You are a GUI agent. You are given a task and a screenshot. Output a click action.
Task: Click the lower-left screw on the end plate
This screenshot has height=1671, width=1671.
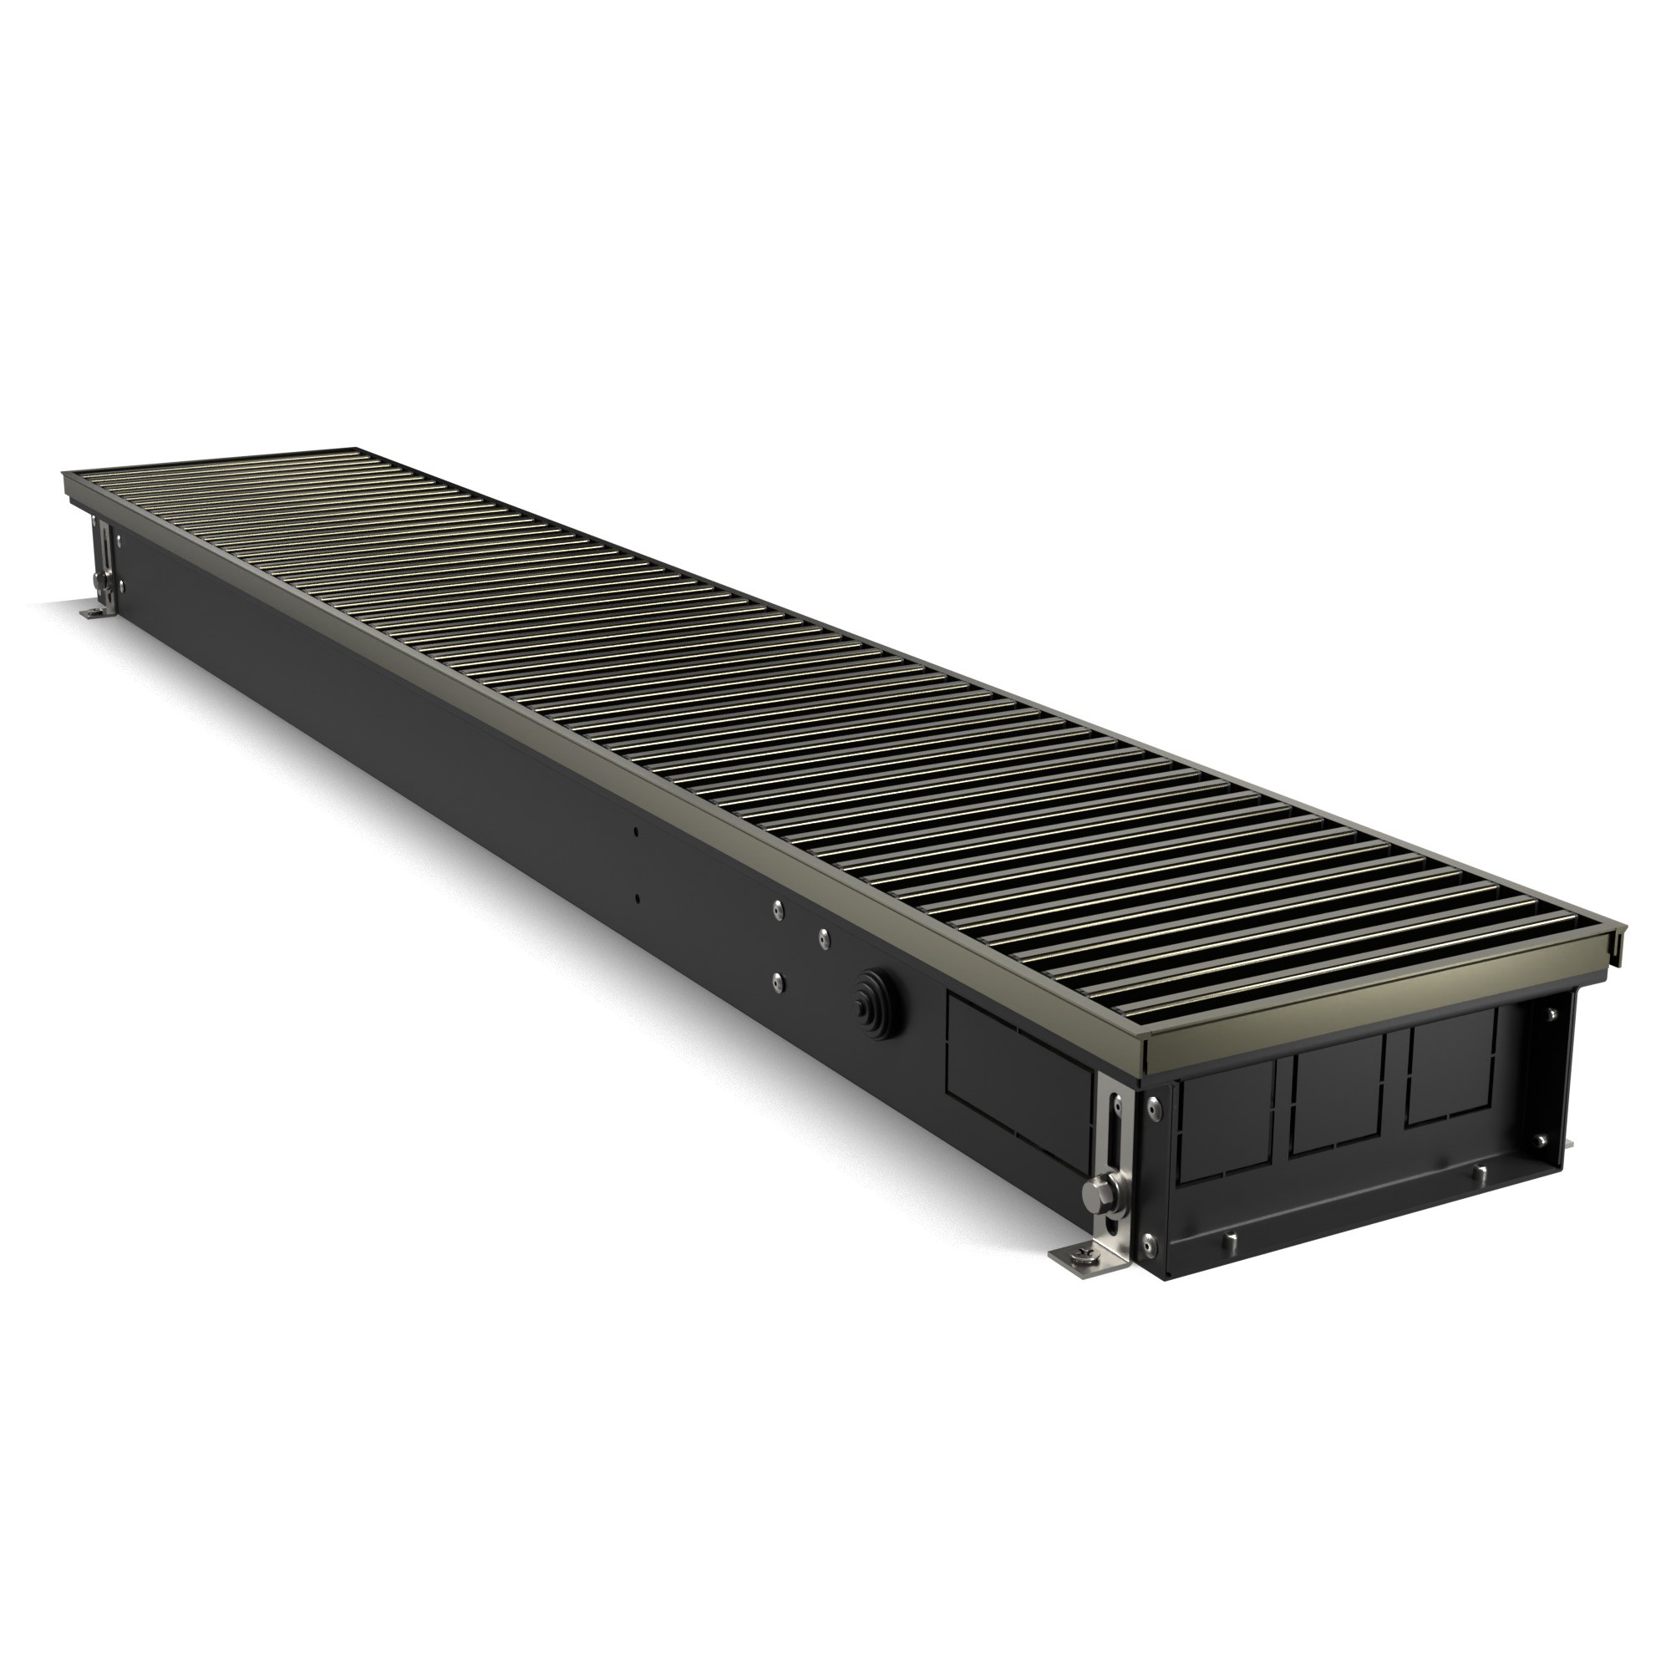coord(1149,1242)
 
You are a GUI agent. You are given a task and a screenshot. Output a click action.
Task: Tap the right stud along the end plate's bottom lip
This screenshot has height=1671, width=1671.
coord(1478,1174)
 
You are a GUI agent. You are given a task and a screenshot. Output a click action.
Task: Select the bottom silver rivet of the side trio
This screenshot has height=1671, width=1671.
coord(778,981)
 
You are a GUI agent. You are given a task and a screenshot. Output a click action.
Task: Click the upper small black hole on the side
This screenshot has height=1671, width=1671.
coord(636,832)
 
